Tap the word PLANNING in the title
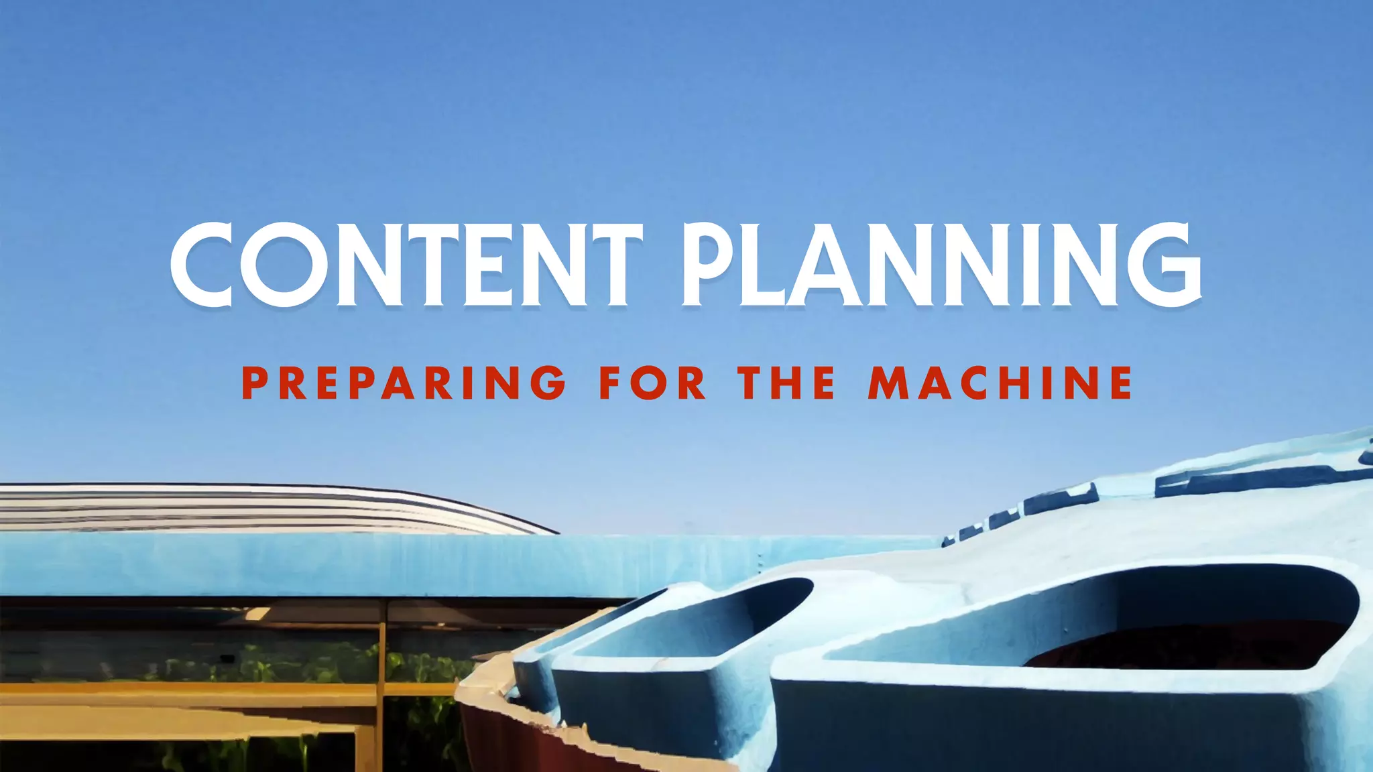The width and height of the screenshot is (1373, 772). tap(942, 265)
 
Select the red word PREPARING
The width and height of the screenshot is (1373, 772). tap(404, 383)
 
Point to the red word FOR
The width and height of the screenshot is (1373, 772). tap(652, 383)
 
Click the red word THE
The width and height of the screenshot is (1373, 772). tap(787, 383)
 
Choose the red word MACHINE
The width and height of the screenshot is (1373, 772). tap(1000, 383)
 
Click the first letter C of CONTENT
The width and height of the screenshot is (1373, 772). tap(204, 265)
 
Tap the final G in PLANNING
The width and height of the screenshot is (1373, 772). tap(1165, 265)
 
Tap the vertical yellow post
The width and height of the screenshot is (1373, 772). tap(382, 690)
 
